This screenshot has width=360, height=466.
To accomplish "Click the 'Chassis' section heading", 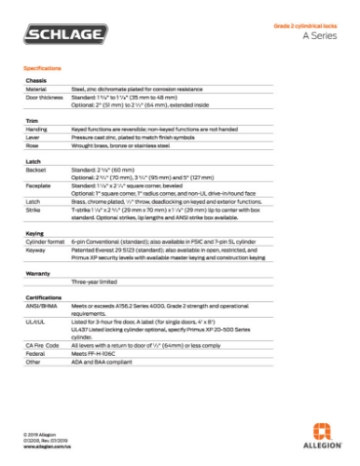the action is click(x=35, y=81).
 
